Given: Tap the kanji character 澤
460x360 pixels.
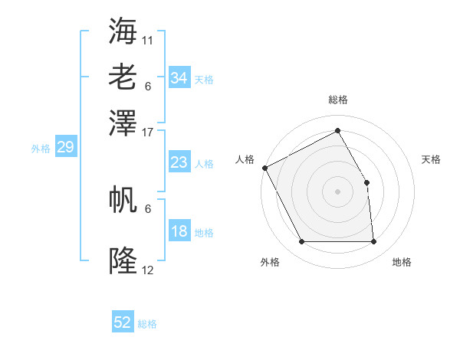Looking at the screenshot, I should click(x=123, y=122).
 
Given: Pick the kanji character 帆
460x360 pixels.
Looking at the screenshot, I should click(x=123, y=199).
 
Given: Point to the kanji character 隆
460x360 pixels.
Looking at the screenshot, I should click(x=123, y=261).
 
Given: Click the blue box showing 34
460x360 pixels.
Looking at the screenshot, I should click(x=179, y=78).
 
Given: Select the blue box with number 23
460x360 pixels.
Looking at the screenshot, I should click(x=179, y=162).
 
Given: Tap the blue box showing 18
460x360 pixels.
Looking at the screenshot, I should click(x=179, y=231).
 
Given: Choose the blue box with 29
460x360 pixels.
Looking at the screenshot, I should click(x=65, y=148).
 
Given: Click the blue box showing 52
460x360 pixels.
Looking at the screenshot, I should click(x=123, y=322).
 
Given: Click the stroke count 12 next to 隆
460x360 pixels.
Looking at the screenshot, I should click(x=148, y=270).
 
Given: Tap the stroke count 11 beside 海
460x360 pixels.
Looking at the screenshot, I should click(x=148, y=38).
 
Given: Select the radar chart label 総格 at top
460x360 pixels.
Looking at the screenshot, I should click(x=337, y=100).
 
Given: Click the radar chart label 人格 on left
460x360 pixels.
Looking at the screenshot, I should click(x=245, y=159).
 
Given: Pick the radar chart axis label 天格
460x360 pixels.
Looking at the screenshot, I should click(x=431, y=159).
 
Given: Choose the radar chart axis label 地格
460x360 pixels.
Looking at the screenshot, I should click(x=402, y=262).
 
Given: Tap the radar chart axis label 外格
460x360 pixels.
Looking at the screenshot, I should click(x=270, y=262).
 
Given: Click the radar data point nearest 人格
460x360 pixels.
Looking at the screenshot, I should click(x=264, y=167).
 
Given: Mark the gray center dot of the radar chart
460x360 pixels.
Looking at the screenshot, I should click(x=337, y=191).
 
